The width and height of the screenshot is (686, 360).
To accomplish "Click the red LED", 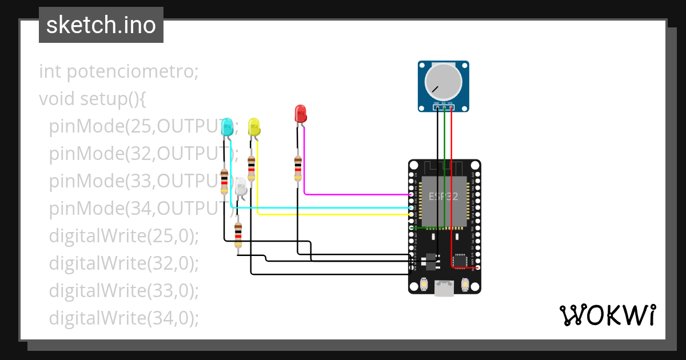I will [x=300, y=113].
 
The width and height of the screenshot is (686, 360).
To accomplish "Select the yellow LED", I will [x=254, y=127].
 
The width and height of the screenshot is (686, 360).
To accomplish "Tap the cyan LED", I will [x=227, y=127].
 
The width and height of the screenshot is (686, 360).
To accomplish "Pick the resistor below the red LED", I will [x=298, y=169].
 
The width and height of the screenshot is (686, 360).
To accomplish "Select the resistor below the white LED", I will [x=238, y=235].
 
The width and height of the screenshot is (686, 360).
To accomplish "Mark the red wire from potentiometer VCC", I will [x=452, y=183].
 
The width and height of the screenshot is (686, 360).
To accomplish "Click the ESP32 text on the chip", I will [x=444, y=197].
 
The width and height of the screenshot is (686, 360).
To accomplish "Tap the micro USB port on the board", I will [x=444, y=288].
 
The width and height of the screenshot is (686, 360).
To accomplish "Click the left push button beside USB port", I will [x=424, y=284].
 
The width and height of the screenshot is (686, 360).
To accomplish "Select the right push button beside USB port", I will [x=465, y=284].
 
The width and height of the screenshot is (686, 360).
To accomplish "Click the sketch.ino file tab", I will [x=101, y=25].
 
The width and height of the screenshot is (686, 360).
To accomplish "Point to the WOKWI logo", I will [x=607, y=315].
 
